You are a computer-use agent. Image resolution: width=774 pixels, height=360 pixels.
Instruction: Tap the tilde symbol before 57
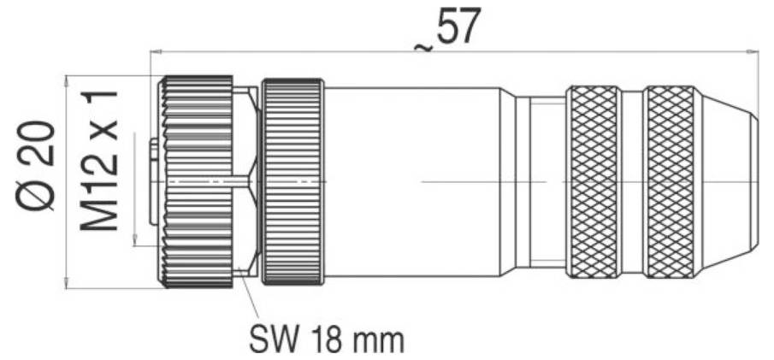[422, 45]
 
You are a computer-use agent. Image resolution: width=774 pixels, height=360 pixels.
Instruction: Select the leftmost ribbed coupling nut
[198, 182]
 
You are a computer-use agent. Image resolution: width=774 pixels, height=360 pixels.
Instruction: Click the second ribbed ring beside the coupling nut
[293, 182]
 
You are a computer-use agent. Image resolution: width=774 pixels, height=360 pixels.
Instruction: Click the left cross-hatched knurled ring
[594, 182]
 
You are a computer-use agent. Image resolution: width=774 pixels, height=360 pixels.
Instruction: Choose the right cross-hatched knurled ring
[671, 182]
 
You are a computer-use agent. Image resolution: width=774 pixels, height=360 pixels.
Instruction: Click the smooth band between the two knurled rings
[633, 182]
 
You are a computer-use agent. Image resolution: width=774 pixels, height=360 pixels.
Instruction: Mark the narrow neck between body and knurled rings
[539, 182]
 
